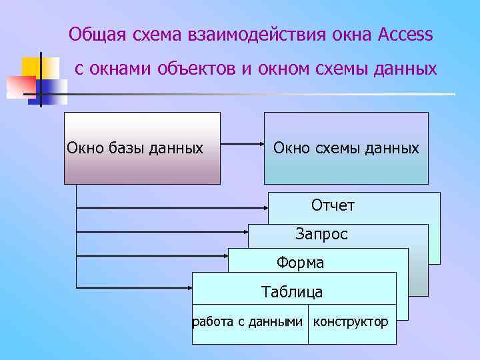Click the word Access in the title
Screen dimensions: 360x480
tap(405, 34)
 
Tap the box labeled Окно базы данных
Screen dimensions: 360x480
tap(142, 148)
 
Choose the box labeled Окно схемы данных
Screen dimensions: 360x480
tap(346, 148)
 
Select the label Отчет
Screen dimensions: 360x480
tap(333, 205)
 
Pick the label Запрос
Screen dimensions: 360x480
tap(321, 234)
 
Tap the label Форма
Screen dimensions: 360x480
tap(301, 263)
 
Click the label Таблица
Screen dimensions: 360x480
tap(292, 291)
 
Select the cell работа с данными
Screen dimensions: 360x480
tap(249, 323)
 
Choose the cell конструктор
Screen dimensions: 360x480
tap(351, 323)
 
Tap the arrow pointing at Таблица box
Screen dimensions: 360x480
tap(133, 287)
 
